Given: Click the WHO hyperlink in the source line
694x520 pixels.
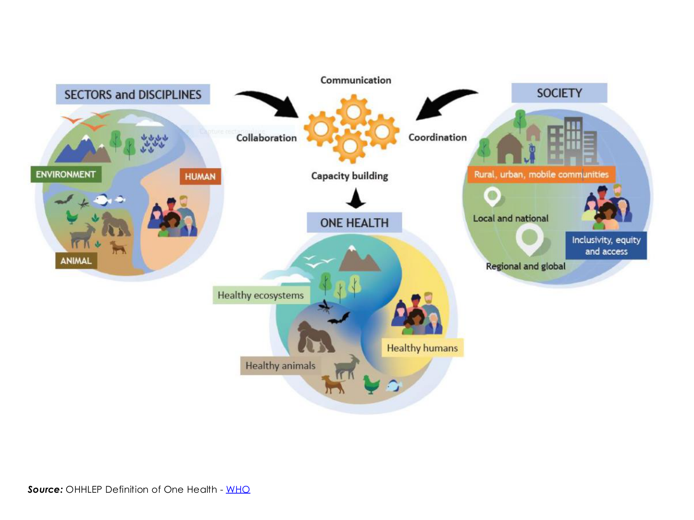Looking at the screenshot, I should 238,489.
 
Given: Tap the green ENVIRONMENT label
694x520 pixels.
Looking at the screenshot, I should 66,174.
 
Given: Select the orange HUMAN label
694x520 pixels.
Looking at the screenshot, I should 200,176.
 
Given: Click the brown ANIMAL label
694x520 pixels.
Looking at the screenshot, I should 76,261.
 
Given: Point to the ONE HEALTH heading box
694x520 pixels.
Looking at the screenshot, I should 354,223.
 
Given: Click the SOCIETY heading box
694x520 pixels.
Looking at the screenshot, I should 559,93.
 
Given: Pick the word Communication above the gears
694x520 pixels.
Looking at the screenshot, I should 356,80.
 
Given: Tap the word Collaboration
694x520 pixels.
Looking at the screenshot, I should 266,138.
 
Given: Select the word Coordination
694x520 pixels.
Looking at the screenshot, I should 438,137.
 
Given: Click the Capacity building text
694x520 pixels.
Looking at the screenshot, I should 350,176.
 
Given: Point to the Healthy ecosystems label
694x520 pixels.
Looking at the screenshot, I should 261,295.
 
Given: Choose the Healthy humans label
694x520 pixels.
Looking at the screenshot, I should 422,348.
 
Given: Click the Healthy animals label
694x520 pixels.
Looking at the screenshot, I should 280,366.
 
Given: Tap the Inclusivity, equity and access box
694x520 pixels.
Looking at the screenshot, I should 606,245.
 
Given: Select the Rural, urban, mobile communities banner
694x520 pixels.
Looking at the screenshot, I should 541,174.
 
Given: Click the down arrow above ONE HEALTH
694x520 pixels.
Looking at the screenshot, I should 356,198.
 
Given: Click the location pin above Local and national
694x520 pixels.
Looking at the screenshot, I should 492,196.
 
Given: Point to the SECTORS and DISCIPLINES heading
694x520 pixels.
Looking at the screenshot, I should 133,94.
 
